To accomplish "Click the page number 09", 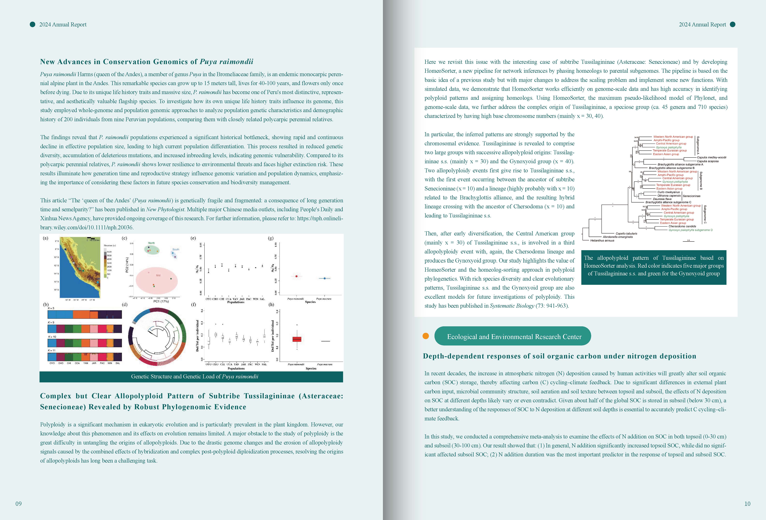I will [19, 503].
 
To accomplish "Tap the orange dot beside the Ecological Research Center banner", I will [426, 336].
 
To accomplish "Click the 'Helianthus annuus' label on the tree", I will [602, 240].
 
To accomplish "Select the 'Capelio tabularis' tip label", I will [626, 234].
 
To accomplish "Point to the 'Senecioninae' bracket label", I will [692, 196].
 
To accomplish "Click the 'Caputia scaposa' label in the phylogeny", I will [708, 161].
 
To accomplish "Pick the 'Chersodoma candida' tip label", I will [682, 226].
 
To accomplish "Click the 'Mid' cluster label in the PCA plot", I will [158, 275].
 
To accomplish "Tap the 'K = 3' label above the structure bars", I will [51, 308].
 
